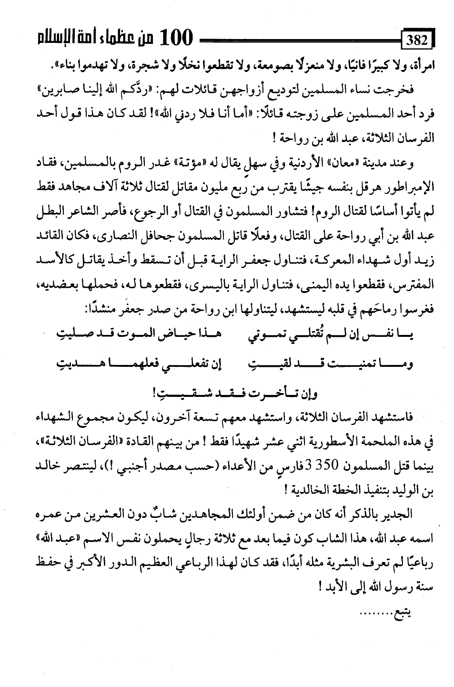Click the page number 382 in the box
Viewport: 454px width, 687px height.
pyautogui.click(x=417, y=40)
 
